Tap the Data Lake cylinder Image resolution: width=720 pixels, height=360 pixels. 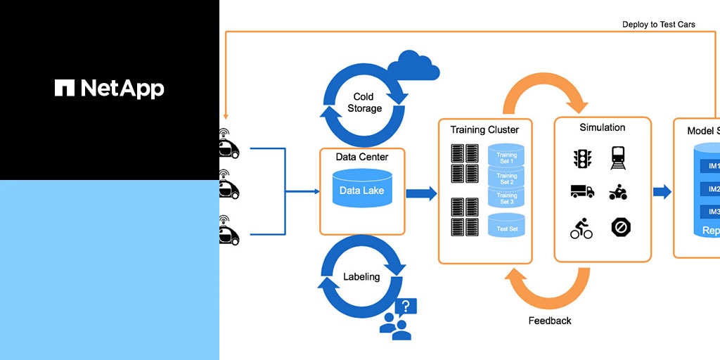pyautogui.click(x=362, y=190)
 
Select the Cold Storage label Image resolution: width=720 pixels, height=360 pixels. pyautogui.click(x=364, y=102)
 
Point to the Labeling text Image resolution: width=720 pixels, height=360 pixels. pyautogui.click(x=361, y=276)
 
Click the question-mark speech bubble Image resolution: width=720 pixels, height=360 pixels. pyautogui.click(x=406, y=307)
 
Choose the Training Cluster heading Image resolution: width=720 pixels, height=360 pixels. pyautogui.click(x=484, y=130)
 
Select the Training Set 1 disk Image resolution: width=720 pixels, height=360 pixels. pyautogui.click(x=506, y=156)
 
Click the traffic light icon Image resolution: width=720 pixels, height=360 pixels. pyautogui.click(x=581, y=158)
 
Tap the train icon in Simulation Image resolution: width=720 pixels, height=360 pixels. pyautogui.click(x=619, y=158)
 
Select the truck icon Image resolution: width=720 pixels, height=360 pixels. pyautogui.click(x=581, y=191)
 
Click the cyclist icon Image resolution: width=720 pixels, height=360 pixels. pyautogui.click(x=581, y=228)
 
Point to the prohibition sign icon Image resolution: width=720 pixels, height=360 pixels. pyautogui.click(x=620, y=227)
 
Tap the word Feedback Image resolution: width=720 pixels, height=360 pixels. pyautogui.click(x=549, y=321)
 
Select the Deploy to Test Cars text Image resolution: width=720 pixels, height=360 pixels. pyautogui.click(x=658, y=25)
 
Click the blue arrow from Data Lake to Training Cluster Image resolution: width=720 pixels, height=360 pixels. pyautogui.click(x=421, y=193)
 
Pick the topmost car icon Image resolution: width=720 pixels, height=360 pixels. pyautogui.click(x=229, y=148)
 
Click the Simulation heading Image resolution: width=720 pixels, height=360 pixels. pyautogui.click(x=602, y=127)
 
